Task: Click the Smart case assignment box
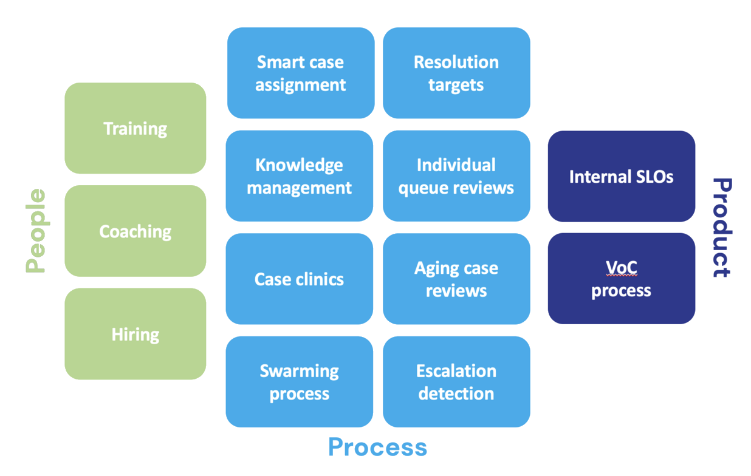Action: tap(300, 73)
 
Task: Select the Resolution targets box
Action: tap(456, 73)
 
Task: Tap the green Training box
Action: tap(135, 128)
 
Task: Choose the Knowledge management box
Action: tap(299, 176)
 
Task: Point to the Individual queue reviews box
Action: tap(456, 176)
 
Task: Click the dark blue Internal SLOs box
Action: tap(621, 176)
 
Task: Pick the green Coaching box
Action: tap(135, 231)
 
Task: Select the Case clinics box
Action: tap(299, 279)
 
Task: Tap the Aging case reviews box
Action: tap(456, 279)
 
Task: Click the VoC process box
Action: tap(621, 279)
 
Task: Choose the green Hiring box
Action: tap(135, 334)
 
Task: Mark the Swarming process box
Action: tap(299, 382)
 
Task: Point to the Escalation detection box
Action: tap(456, 382)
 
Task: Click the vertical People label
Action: tap(36, 231)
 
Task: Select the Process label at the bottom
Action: tap(377, 447)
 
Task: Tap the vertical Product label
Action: tap(721, 228)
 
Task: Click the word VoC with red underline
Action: tap(621, 267)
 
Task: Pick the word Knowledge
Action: tap(299, 165)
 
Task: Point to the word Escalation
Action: tap(456, 371)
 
